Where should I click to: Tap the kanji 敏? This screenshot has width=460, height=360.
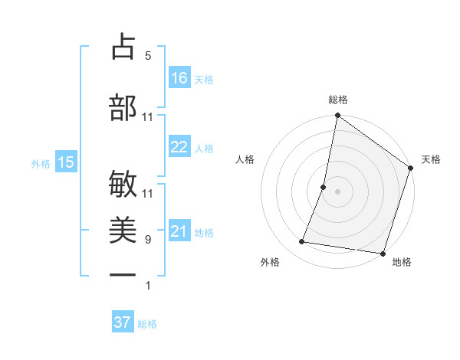(123, 185)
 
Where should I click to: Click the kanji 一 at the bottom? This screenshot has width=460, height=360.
(123, 273)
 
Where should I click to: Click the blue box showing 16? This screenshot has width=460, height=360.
(179, 77)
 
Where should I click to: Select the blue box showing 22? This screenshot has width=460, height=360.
(179, 147)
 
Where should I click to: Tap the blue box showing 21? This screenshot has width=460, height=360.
(179, 231)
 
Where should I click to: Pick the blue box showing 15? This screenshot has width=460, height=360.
(65, 162)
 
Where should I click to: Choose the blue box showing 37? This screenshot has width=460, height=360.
(123, 322)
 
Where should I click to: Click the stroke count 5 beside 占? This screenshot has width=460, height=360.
(147, 55)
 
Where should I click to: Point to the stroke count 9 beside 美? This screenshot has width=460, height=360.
(147, 240)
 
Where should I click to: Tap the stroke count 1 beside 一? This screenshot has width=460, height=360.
(147, 286)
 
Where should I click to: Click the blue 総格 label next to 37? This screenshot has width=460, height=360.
(147, 324)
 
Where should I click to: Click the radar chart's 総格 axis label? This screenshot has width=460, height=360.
(337, 100)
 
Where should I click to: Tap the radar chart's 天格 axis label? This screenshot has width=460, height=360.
(431, 159)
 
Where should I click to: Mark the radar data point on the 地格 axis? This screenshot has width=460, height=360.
(382, 253)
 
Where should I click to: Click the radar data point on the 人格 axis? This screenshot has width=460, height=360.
(324, 187)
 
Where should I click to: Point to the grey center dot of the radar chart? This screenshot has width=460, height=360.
(337, 191)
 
